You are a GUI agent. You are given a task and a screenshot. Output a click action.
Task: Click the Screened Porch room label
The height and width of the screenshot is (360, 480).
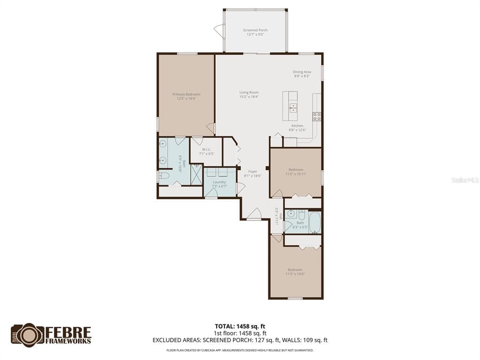[255, 30]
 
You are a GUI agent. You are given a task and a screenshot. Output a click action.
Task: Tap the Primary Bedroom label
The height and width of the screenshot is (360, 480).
[186, 94]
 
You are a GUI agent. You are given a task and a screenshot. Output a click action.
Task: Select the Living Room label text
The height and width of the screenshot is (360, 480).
[249, 92]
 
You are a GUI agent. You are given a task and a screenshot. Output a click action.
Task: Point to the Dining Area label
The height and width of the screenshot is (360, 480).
[302, 72]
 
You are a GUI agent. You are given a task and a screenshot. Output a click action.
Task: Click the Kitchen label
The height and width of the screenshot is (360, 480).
[298, 126]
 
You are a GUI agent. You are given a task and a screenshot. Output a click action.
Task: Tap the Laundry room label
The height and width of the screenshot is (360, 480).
[219, 182]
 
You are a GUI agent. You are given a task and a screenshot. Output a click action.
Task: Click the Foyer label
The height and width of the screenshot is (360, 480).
[253, 172]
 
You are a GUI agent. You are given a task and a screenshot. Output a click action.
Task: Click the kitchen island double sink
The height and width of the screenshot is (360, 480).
[293, 108]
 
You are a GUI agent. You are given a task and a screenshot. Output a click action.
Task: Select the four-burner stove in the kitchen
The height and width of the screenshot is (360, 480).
[317, 116]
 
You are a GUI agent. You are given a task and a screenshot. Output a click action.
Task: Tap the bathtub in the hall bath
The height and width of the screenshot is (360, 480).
[314, 223]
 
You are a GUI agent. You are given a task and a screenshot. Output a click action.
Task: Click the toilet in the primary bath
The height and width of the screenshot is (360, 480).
[164, 176]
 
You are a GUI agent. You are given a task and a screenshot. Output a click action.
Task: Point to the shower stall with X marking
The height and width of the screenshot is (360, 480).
[196, 174]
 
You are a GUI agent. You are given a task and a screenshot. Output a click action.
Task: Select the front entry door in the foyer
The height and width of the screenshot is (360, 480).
[254, 214]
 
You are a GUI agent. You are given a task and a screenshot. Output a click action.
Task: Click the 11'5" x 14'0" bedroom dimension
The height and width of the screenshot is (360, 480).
[295, 274]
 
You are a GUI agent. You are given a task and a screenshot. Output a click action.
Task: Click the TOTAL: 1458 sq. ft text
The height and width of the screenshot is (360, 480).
[240, 326]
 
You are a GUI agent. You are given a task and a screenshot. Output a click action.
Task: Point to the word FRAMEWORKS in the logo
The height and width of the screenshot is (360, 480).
[68, 341]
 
